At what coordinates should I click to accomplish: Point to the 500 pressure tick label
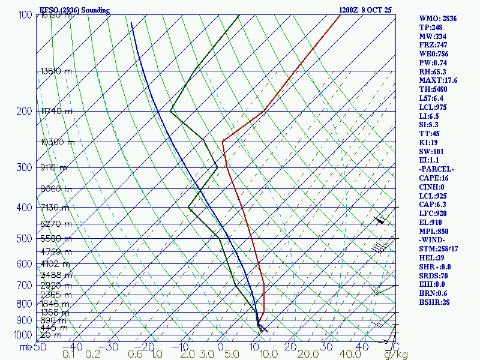[x=24, y=239]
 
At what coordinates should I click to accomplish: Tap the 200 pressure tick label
[x=24, y=112]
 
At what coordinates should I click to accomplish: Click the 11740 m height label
[x=56, y=111]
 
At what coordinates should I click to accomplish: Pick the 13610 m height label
[x=56, y=71]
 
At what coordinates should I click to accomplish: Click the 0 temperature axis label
[x=221, y=347]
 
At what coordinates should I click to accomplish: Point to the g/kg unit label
[x=397, y=355]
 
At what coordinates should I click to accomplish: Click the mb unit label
[x=25, y=347]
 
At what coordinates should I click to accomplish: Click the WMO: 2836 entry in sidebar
[x=438, y=19]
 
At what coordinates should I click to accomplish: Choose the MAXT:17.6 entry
[x=438, y=80]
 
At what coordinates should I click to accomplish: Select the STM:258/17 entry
[x=439, y=249]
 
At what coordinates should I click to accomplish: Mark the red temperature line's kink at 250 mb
[x=223, y=142]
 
